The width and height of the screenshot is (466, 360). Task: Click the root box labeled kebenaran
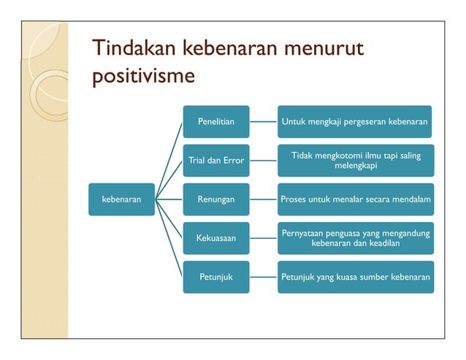click(x=121, y=199)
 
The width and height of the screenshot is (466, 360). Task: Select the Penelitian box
click(x=215, y=121)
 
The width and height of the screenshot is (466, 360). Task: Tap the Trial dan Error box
click(x=215, y=160)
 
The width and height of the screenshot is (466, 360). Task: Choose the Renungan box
click(x=215, y=199)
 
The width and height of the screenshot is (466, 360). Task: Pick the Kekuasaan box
click(x=215, y=238)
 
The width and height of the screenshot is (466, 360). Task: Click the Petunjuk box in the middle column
click(x=215, y=277)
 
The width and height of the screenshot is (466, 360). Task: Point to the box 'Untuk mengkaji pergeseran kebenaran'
click(x=355, y=121)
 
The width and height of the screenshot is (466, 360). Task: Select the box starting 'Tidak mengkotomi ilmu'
click(x=355, y=161)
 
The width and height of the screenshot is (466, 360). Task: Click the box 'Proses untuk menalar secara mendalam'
click(x=355, y=199)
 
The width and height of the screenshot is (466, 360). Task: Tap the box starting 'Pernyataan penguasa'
click(x=355, y=238)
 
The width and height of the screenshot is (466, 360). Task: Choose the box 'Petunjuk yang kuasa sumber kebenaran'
click(x=355, y=277)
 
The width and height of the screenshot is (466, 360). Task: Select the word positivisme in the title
click(x=143, y=76)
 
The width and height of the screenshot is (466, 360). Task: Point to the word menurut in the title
click(x=323, y=50)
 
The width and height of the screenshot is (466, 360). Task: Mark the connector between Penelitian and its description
click(x=263, y=121)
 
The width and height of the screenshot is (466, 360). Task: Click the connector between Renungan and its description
click(x=263, y=199)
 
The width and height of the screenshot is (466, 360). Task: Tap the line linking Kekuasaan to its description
click(x=263, y=238)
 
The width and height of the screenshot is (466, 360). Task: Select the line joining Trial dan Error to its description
click(x=263, y=160)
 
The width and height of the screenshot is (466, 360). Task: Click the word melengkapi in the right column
click(x=356, y=166)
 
